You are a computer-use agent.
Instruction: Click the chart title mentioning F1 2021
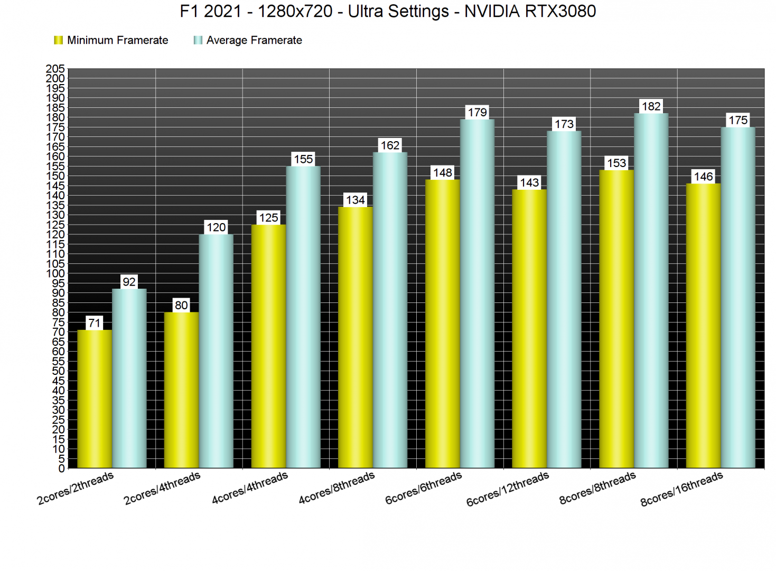(388, 11)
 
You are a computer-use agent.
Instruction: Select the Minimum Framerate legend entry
(111, 40)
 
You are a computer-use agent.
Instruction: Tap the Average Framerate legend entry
(248, 40)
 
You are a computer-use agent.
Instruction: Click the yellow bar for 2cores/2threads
(95, 399)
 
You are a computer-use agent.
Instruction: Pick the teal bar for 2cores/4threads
(216, 351)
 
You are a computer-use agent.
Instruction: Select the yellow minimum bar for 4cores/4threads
(268, 346)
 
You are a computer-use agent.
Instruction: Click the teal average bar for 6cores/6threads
(477, 293)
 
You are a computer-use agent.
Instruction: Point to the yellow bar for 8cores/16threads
(703, 326)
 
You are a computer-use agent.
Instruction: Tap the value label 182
(651, 106)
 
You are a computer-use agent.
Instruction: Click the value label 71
(95, 323)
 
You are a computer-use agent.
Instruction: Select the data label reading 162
(390, 145)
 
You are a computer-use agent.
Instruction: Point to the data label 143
(529, 183)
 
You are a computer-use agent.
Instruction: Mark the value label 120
(216, 227)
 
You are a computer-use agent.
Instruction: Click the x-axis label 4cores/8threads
(336, 488)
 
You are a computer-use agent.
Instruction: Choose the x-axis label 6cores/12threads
(508, 489)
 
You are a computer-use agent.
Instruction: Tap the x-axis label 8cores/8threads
(597, 488)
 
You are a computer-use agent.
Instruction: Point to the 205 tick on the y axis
(55, 69)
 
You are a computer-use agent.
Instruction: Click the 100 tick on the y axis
(55, 273)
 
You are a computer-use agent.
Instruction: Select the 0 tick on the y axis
(62, 468)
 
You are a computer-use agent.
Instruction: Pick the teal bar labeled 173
(564, 299)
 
